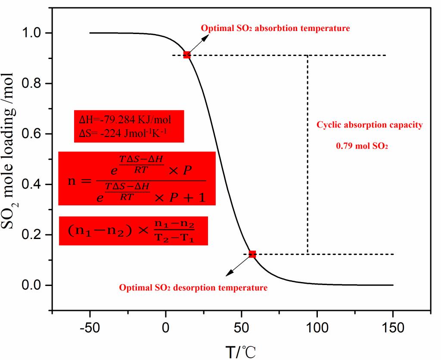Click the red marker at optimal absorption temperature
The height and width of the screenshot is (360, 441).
pos(187,55)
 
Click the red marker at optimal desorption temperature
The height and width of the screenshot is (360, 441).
pos(252,254)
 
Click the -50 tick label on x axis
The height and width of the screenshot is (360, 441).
pos(90,328)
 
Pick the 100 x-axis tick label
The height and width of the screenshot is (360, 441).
pos(317,328)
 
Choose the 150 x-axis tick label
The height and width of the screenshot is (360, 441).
pos(393,328)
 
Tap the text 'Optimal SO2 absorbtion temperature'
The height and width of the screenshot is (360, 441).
pos(275,29)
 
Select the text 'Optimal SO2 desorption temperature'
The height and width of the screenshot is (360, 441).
pos(193,288)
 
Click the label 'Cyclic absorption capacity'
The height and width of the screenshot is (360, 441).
pos(370,125)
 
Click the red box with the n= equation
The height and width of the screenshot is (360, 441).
pos(137,178)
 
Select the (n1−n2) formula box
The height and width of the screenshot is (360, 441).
pos(133,231)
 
